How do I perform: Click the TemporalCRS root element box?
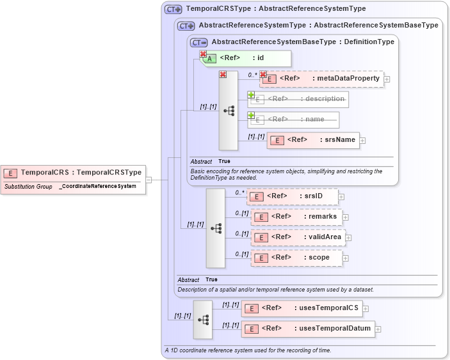73,172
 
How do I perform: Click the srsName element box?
313,140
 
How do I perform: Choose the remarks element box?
296,217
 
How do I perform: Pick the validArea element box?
298,237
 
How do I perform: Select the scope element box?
296,258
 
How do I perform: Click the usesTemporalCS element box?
301,308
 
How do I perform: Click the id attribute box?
246,58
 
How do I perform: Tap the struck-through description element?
298,99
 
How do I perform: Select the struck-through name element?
293,120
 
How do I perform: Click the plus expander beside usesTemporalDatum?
378,329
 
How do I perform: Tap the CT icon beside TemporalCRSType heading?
173,9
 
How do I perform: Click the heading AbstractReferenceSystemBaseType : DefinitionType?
303,42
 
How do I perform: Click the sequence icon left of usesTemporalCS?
203,319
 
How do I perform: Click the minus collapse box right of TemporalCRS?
149,180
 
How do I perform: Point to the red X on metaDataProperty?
262,74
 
